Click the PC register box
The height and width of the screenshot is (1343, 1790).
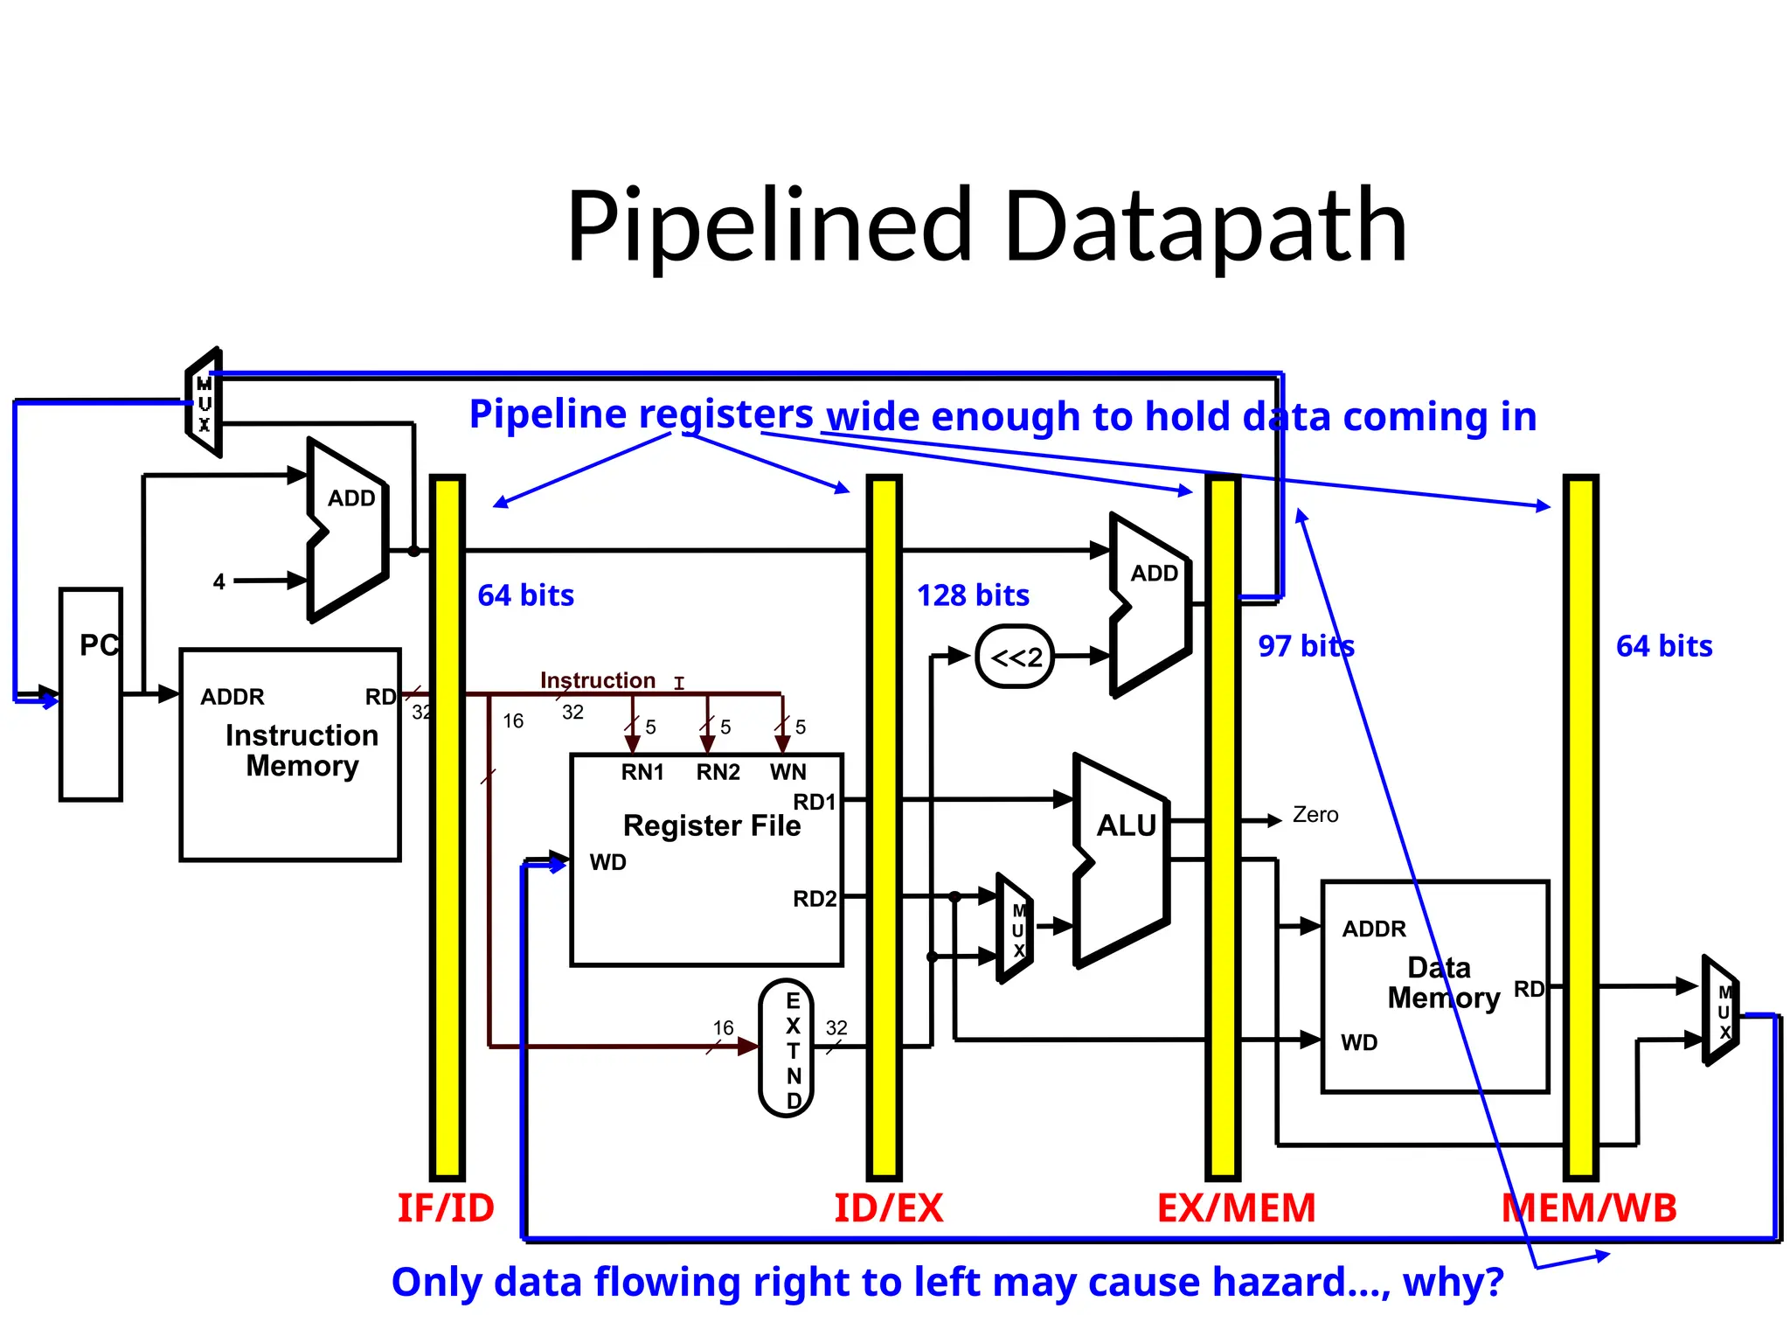(x=90, y=694)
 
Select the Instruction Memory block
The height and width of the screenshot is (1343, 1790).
(x=290, y=754)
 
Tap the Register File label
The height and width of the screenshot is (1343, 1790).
(x=711, y=825)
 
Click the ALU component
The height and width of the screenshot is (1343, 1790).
(x=1124, y=860)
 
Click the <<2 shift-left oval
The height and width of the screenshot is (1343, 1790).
(x=1015, y=657)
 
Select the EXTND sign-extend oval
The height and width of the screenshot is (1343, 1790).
(x=787, y=1048)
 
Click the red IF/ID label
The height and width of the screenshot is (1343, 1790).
(x=446, y=1208)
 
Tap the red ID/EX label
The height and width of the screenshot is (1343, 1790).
(x=888, y=1208)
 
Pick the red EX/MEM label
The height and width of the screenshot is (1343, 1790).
(x=1236, y=1208)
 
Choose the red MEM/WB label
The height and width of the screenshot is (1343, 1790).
(x=1589, y=1208)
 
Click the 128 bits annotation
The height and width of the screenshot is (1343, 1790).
(x=973, y=595)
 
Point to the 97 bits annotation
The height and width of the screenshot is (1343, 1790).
(x=1306, y=646)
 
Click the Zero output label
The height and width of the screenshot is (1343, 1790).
(x=1315, y=815)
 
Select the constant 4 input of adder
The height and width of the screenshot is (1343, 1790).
(x=219, y=581)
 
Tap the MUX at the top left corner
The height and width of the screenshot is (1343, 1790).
(x=204, y=403)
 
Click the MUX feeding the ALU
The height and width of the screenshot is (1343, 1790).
(x=1016, y=929)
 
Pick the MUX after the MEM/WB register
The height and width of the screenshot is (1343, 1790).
(x=1721, y=1011)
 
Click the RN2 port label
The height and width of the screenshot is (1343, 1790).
(x=718, y=772)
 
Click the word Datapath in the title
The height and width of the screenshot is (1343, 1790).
(x=1205, y=226)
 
